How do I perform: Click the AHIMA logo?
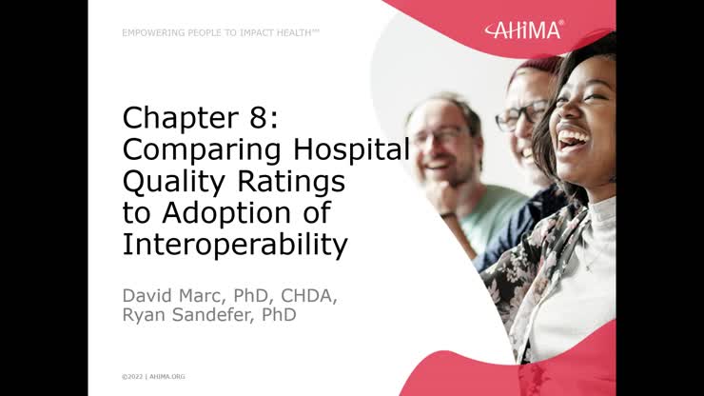(523, 30)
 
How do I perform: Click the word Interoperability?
(234, 244)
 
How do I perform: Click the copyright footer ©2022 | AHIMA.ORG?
(153, 376)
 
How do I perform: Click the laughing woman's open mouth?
(573, 142)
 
